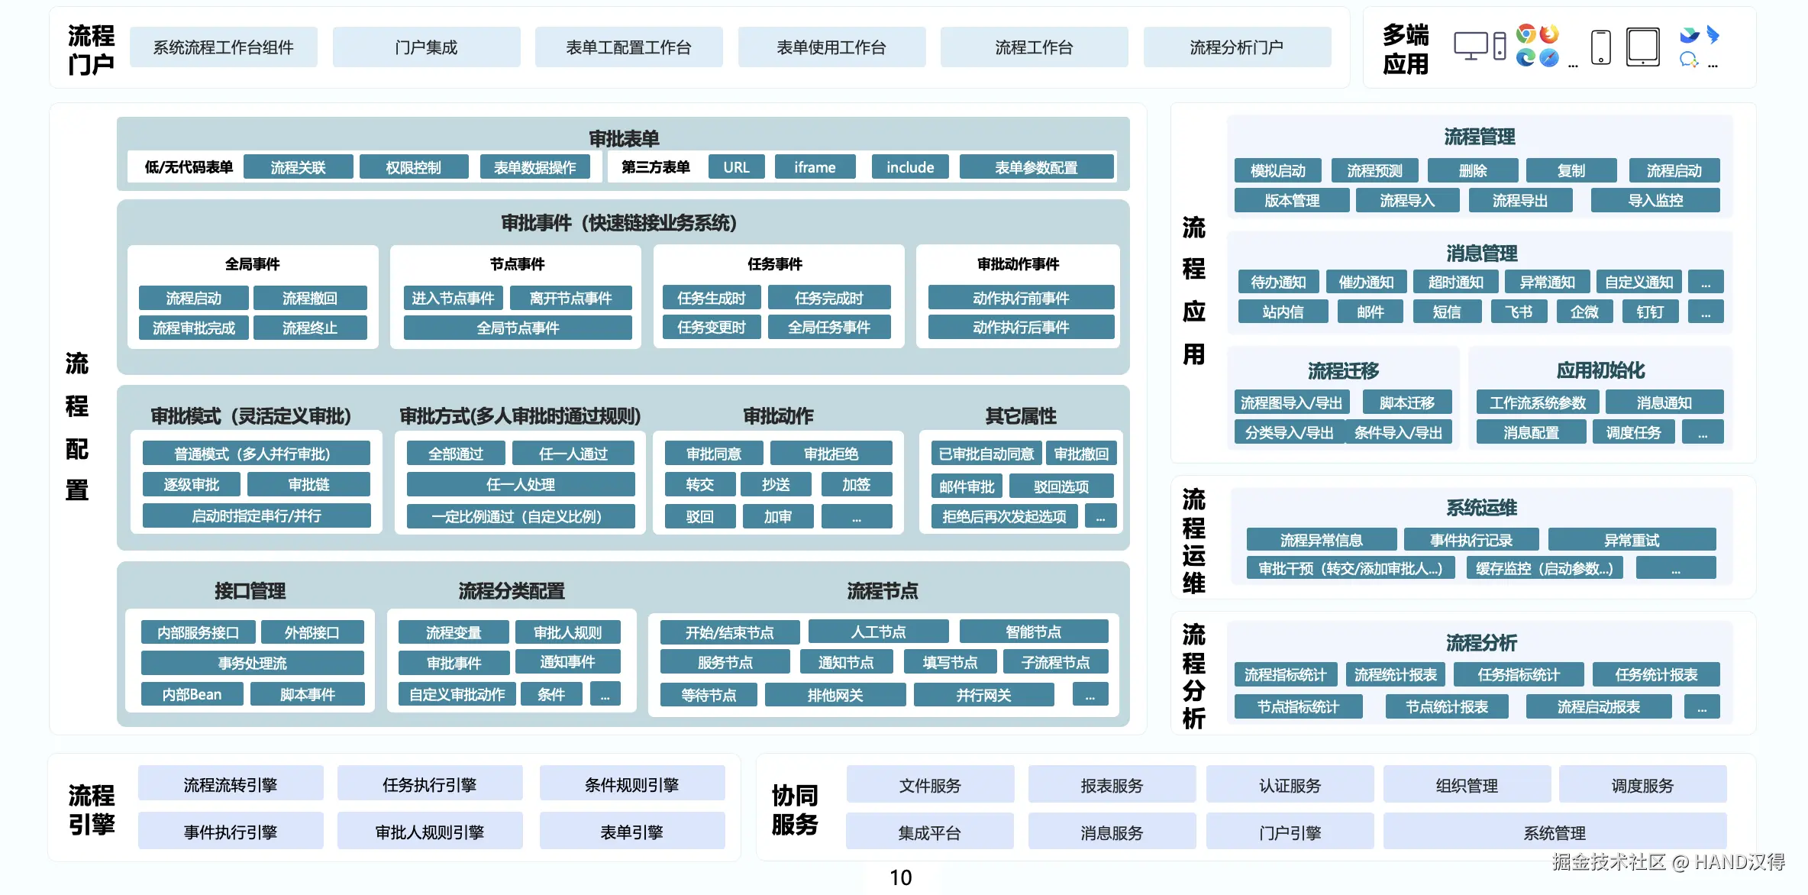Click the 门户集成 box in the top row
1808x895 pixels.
tap(426, 47)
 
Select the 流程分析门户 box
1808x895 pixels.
tap(1236, 47)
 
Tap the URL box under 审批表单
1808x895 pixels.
tap(736, 167)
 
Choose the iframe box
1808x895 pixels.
tap(815, 167)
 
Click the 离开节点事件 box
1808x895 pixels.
tap(570, 298)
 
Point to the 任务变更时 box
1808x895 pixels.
tap(711, 328)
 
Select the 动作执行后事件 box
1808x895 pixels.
tap(1020, 328)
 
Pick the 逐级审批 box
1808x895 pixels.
tap(191, 485)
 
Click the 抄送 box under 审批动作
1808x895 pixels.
tap(776, 485)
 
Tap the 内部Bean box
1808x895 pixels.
tap(192, 694)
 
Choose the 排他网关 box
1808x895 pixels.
tap(835, 695)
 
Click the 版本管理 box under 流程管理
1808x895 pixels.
tap(1291, 201)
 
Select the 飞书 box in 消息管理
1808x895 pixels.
tap(1518, 312)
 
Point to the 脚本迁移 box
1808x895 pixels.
tap(1406, 402)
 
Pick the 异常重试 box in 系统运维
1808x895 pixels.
tap(1631, 540)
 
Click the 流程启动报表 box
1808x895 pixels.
tap(1598, 707)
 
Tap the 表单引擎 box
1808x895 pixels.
tap(631, 832)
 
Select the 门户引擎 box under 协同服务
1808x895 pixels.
tap(1290, 832)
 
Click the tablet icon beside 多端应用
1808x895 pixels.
tap(1642, 47)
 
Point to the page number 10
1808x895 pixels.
tap(900, 877)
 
